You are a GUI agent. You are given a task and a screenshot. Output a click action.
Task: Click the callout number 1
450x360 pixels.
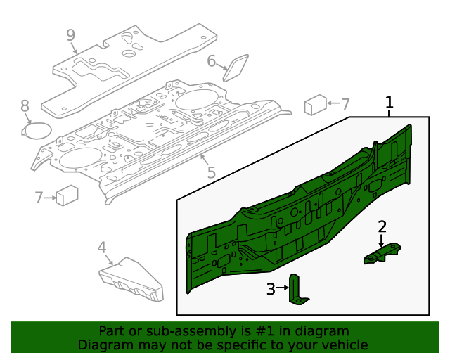389,103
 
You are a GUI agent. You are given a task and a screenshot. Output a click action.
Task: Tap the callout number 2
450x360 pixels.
382,226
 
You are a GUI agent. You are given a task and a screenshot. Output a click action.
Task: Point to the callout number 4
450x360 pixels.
101,247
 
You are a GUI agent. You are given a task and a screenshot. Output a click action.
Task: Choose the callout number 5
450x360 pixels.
211,172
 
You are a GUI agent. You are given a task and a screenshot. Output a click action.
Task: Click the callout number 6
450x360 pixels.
212,61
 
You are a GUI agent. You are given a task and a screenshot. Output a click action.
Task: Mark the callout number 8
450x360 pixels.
25,106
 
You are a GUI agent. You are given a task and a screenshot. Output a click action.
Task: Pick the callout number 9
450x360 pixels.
70,34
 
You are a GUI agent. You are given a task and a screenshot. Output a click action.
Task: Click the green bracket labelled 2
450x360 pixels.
382,254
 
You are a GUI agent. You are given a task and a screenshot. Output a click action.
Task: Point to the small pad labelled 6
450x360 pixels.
236,67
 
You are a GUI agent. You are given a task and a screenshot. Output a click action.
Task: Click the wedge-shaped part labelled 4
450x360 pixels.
131,278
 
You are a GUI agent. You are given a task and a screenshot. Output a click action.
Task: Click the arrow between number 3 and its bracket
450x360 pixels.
283,288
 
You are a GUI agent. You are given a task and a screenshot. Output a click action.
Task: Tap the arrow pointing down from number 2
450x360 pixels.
382,240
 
